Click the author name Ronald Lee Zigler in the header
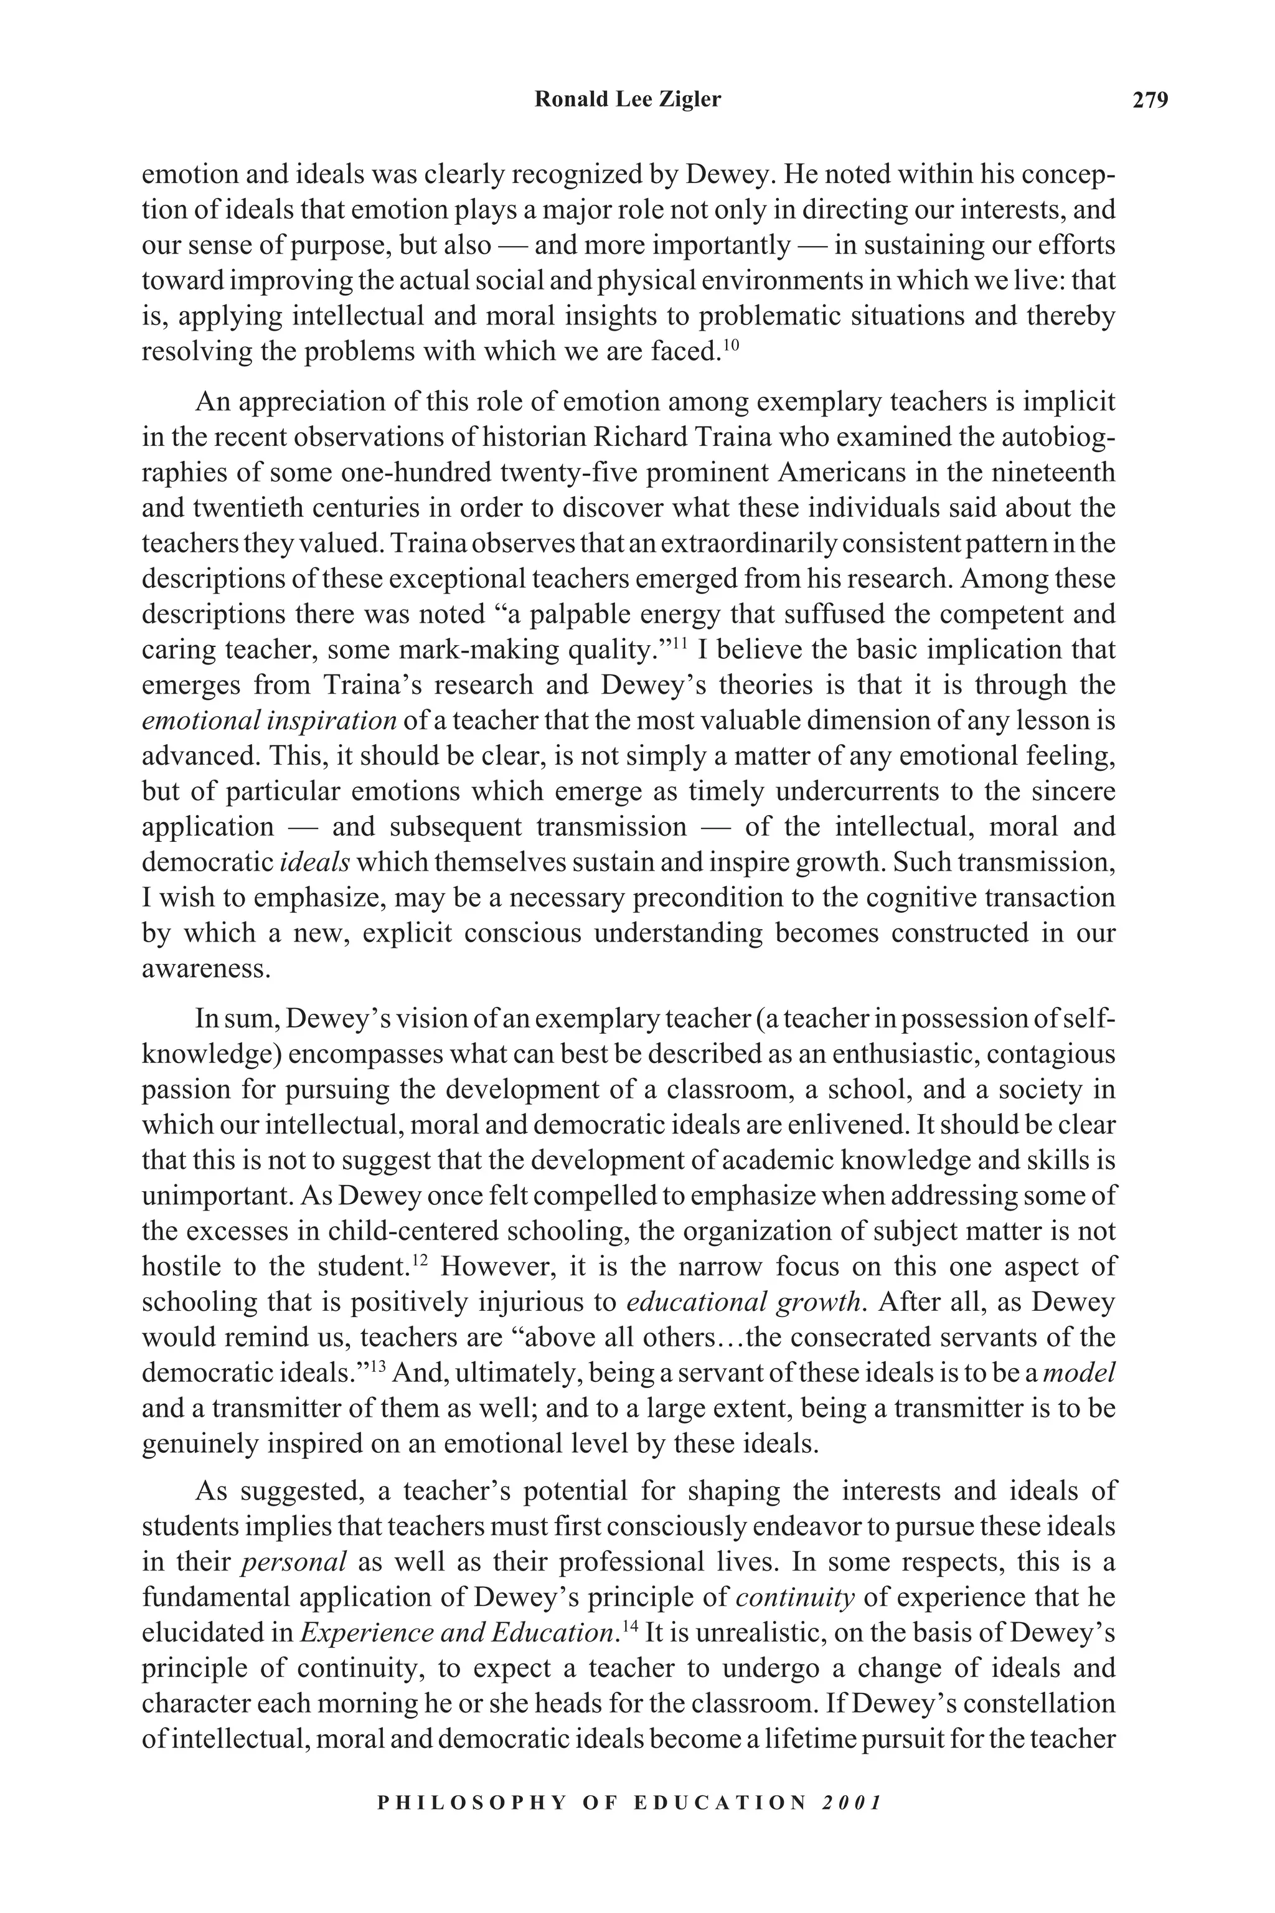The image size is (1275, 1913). coord(628,100)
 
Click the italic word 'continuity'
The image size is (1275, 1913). coord(794,1597)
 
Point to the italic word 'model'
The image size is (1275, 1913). coord(1078,1373)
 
